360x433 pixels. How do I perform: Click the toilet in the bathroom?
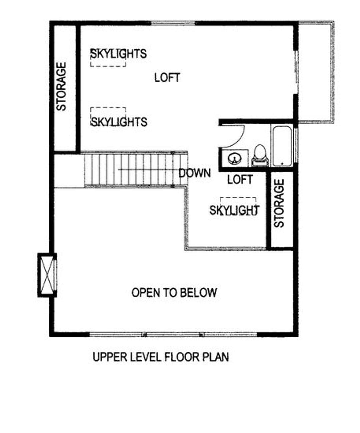tap(260, 156)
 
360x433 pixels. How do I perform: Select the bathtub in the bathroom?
tap(282, 146)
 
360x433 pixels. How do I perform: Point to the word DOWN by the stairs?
tap(195, 173)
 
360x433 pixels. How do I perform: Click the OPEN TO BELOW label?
tap(174, 293)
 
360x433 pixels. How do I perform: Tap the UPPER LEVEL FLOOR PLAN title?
tap(161, 357)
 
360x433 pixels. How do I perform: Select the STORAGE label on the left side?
tap(61, 87)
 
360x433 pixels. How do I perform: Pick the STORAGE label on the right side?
tap(279, 203)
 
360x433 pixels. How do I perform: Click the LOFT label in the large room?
tap(167, 78)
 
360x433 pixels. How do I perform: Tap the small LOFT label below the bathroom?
tap(240, 180)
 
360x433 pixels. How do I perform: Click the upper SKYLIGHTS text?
tap(119, 54)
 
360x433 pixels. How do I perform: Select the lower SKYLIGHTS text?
tap(119, 122)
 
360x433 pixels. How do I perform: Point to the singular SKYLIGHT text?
tap(235, 210)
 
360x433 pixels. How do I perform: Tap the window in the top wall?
tap(173, 23)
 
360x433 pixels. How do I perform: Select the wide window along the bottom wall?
tap(173, 334)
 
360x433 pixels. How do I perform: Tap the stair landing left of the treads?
tap(69, 171)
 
